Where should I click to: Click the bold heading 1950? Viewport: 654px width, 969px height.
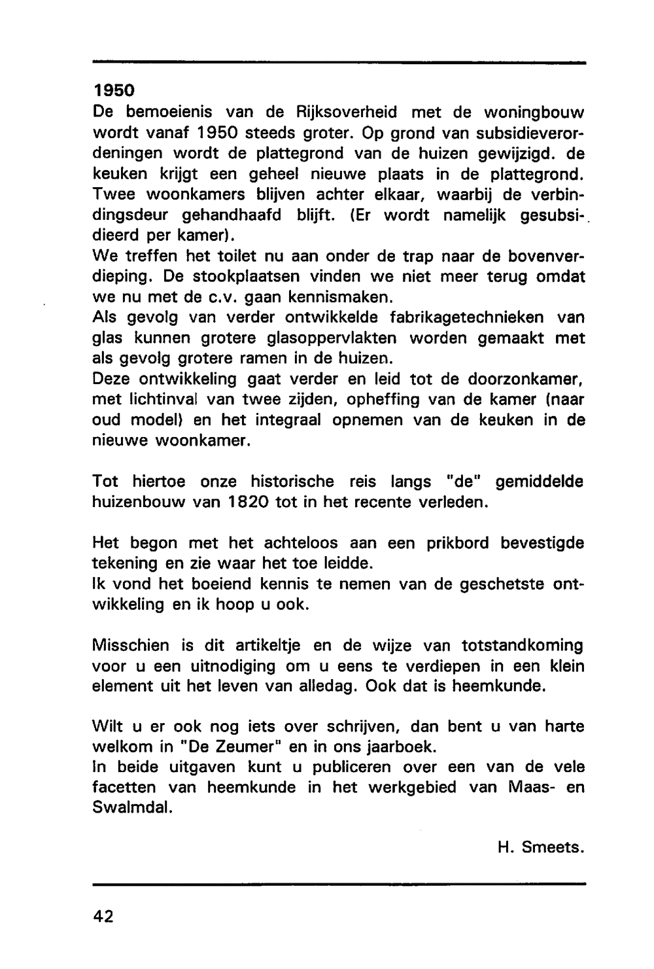click(112, 90)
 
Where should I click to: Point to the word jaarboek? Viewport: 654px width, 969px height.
click(402, 747)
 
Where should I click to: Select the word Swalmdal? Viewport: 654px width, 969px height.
click(133, 807)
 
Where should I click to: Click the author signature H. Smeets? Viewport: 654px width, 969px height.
click(540, 847)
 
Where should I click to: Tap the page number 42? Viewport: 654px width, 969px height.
click(103, 917)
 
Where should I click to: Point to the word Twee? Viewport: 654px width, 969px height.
click(111, 194)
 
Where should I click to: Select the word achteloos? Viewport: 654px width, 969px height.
click(301, 542)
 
